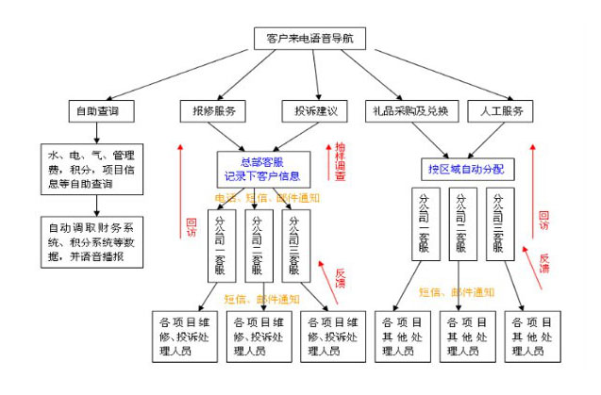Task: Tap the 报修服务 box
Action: pos(213,110)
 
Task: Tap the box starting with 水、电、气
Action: pos(92,168)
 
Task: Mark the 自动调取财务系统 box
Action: pos(92,241)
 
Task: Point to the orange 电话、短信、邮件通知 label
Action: pos(264,198)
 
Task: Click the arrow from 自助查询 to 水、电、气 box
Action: pos(93,134)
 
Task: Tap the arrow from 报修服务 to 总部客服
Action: pos(231,138)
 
